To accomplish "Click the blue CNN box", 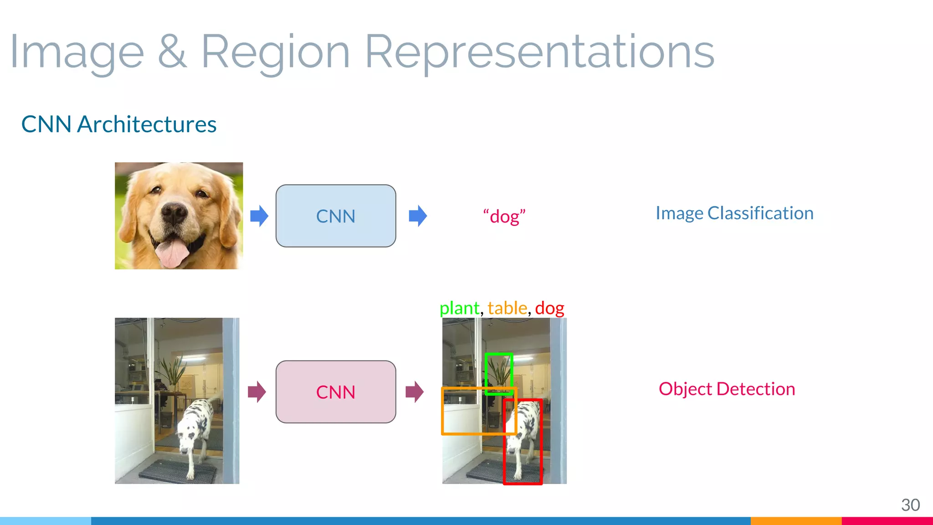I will pyautogui.click(x=336, y=216).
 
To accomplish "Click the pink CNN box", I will pyautogui.click(x=336, y=392).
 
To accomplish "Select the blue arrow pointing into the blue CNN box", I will pyautogui.click(x=259, y=216).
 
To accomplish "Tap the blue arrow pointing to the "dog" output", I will pyautogui.click(x=418, y=216).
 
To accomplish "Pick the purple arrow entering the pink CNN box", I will pyautogui.click(x=257, y=392).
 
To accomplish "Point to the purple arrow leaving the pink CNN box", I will pyautogui.click(x=415, y=392).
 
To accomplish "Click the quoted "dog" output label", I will pyautogui.click(x=504, y=216).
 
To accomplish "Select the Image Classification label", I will pyautogui.click(x=734, y=213).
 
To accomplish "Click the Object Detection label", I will pyautogui.click(x=727, y=389).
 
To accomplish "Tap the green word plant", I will pyautogui.click(x=459, y=309).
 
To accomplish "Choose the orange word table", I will pyautogui.click(x=507, y=309).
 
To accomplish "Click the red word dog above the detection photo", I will pyautogui.click(x=549, y=309).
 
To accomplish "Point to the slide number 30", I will pyautogui.click(x=910, y=505).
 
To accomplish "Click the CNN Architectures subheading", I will pyautogui.click(x=119, y=124).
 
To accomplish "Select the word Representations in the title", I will pyautogui.click(x=539, y=52).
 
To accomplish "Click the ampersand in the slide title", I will pyautogui.click(x=172, y=52).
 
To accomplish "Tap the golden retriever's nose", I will pyautogui.click(x=174, y=212).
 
